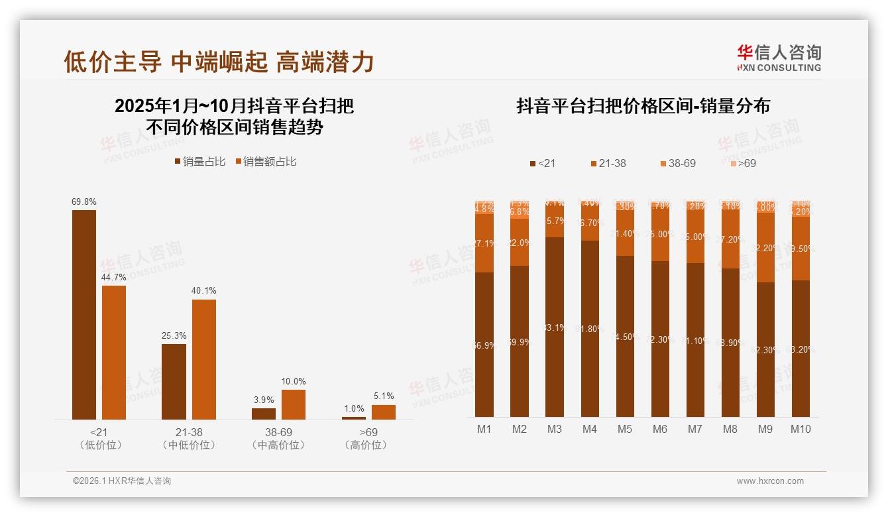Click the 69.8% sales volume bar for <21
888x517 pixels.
(84, 314)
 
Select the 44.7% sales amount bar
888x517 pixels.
(114, 352)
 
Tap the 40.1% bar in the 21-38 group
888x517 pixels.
(204, 359)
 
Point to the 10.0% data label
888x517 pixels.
(294, 382)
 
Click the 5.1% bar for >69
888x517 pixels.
(384, 412)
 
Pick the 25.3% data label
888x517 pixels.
(174, 335)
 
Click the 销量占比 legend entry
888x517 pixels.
(199, 162)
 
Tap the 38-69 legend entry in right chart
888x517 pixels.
(678, 163)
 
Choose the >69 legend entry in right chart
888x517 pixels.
(743, 163)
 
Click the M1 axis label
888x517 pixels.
(484, 430)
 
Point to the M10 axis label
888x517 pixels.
(801, 430)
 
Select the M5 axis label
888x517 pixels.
(625, 430)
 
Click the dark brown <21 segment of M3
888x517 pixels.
(555, 327)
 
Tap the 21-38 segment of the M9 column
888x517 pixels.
(765, 248)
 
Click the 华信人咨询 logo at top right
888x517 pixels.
(779, 58)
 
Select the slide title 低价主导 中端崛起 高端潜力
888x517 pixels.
(219, 62)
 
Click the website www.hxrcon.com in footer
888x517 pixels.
(770, 481)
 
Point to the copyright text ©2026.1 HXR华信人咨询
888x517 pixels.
(122, 481)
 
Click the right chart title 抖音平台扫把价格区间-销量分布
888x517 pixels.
(643, 107)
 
